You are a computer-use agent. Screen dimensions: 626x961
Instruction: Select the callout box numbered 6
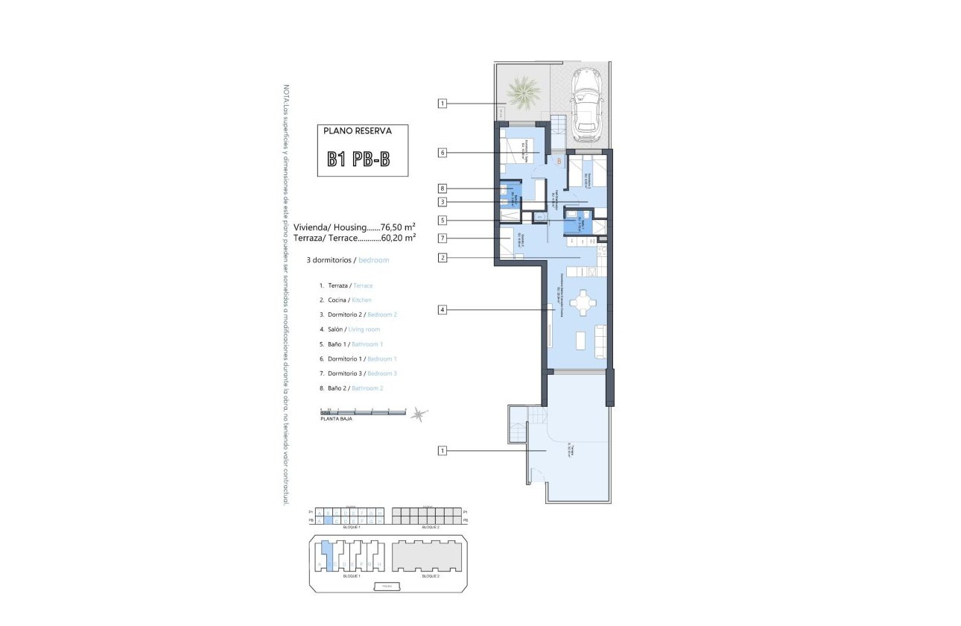[x=443, y=153]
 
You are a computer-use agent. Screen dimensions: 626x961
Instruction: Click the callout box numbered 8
[x=443, y=189]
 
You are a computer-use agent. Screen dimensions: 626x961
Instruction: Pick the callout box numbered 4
[x=443, y=309]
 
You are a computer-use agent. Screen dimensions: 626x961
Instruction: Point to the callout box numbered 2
[x=443, y=258]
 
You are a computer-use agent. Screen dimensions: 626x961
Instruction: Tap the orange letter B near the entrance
[x=559, y=160]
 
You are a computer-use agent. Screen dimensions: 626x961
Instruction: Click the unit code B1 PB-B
[x=358, y=159]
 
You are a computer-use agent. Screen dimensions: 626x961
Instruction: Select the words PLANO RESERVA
[x=358, y=130]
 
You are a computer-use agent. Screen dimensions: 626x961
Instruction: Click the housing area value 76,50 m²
[x=398, y=227]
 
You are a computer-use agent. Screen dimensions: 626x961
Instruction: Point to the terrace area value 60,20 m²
[x=398, y=238]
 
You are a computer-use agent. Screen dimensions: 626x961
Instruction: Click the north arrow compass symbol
[x=421, y=414]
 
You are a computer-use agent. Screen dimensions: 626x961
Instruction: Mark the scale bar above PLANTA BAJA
[x=363, y=411]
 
